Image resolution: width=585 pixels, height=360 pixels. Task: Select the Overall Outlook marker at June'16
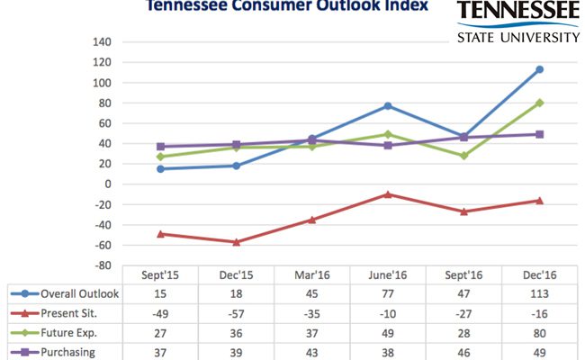388,106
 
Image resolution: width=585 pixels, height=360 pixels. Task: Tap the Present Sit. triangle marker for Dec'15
237,241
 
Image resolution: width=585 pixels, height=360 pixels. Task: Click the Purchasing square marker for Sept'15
161,147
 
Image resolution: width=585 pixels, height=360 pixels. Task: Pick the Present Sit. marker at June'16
388,193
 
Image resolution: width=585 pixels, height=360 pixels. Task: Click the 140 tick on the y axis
102,42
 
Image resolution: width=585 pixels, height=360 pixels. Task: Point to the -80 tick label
102,265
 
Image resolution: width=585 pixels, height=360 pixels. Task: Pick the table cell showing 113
539,293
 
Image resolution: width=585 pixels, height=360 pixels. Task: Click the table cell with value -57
237,311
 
